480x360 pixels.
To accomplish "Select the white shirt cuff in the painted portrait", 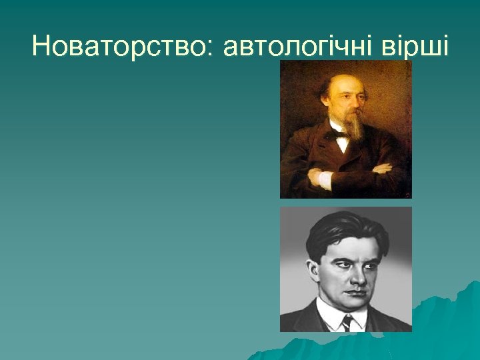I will (x=325, y=179).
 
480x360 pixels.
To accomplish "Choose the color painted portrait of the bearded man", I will (x=346, y=129).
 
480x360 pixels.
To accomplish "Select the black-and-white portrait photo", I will (x=346, y=269).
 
